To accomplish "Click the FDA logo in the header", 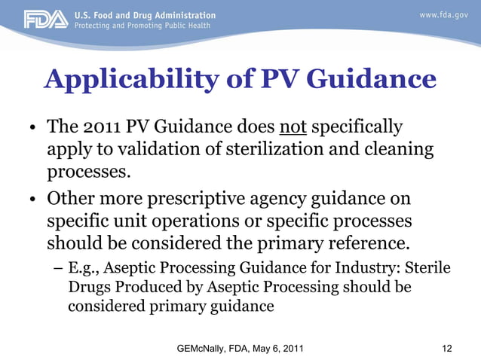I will point(45,19).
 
